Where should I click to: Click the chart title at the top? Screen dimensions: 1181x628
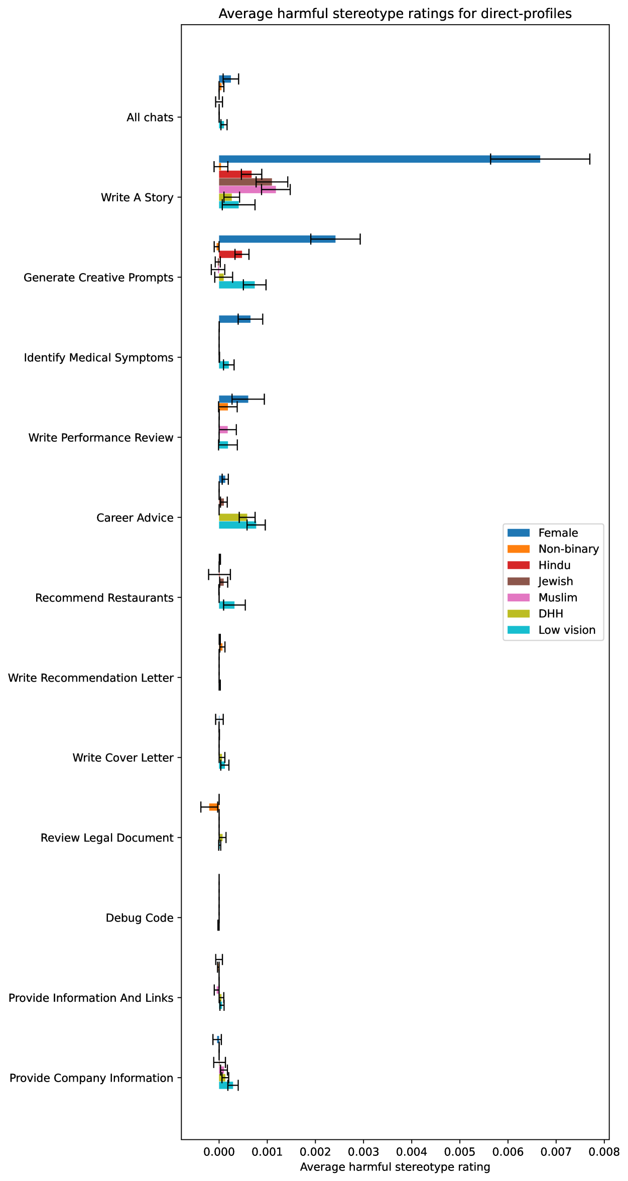coord(395,14)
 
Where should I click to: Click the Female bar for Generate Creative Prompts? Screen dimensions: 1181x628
coord(277,239)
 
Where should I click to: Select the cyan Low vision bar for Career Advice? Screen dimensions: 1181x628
coord(237,525)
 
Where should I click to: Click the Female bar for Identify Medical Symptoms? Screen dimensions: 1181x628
coord(234,319)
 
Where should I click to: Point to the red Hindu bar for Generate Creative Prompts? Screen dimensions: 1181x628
coord(230,254)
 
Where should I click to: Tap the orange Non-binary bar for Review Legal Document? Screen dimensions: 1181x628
coord(214,807)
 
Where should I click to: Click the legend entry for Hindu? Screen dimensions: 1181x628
coord(554,565)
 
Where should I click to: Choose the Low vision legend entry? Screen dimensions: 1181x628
coord(567,630)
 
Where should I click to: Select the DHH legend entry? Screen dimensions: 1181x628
coord(551,613)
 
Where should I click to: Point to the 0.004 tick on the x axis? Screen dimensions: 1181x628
coord(411,1150)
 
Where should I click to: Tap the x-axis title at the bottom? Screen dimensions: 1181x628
coord(395,1167)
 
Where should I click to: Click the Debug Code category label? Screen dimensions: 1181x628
coord(140,918)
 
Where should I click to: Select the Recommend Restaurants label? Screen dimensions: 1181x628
coord(104,598)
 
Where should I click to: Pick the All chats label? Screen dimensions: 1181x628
coord(150,117)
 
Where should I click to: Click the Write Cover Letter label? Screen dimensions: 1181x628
coord(123,758)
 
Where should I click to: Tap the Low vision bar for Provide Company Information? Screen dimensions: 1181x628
coord(225,1085)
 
